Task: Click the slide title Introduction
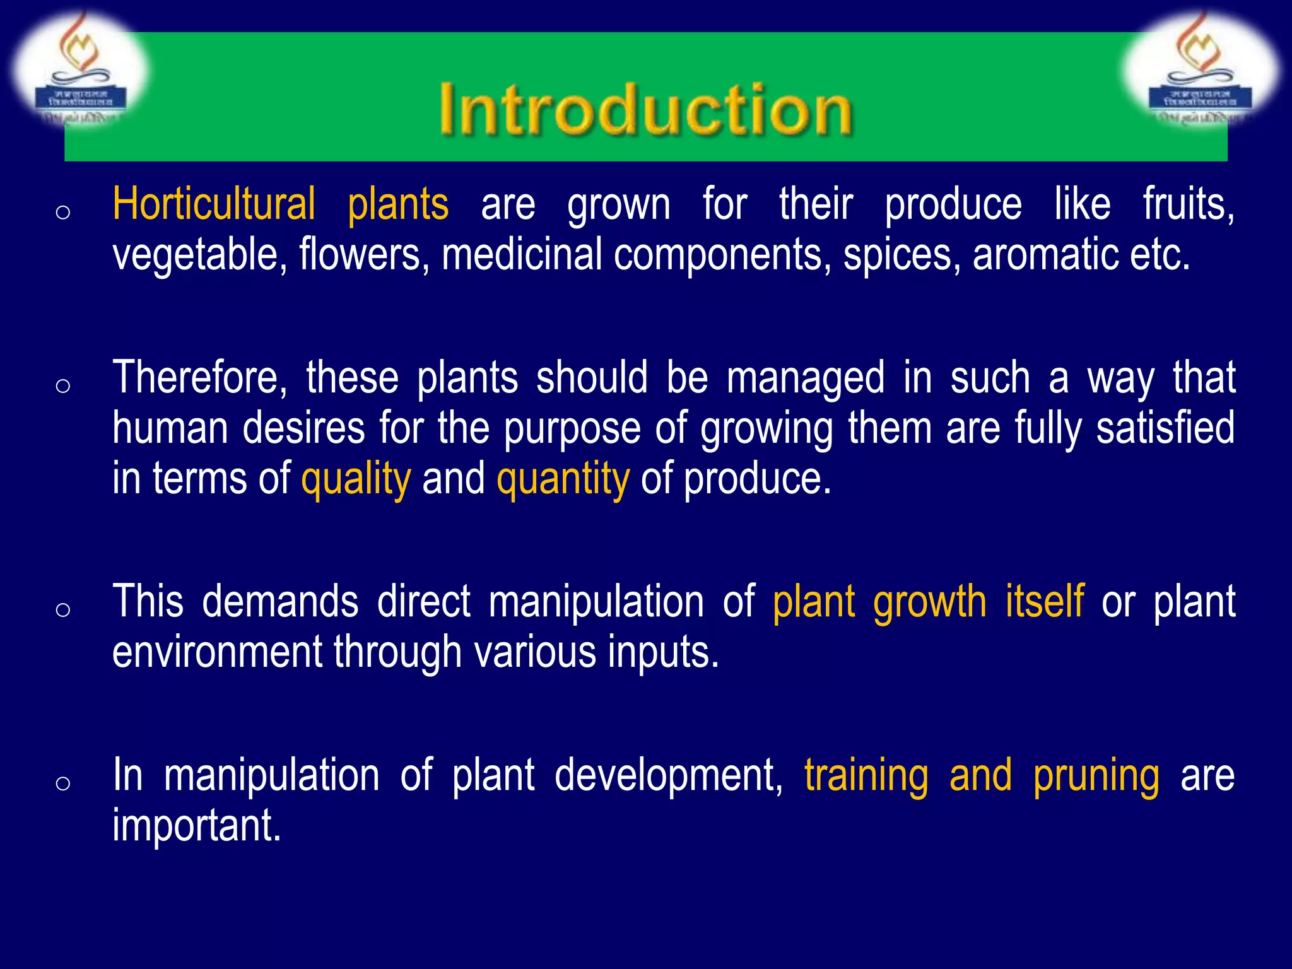pyautogui.click(x=646, y=110)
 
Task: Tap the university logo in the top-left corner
pyautogui.click(x=80, y=69)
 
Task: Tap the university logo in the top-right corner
pyautogui.click(x=1201, y=69)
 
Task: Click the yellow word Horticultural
pyautogui.click(x=214, y=204)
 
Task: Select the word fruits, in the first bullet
pyautogui.click(x=1189, y=204)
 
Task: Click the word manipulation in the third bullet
pyautogui.click(x=596, y=602)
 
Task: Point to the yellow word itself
pyautogui.click(x=1045, y=602)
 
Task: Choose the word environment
pyautogui.click(x=217, y=652)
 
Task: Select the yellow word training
pyautogui.click(x=866, y=776)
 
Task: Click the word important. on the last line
pyautogui.click(x=196, y=825)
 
